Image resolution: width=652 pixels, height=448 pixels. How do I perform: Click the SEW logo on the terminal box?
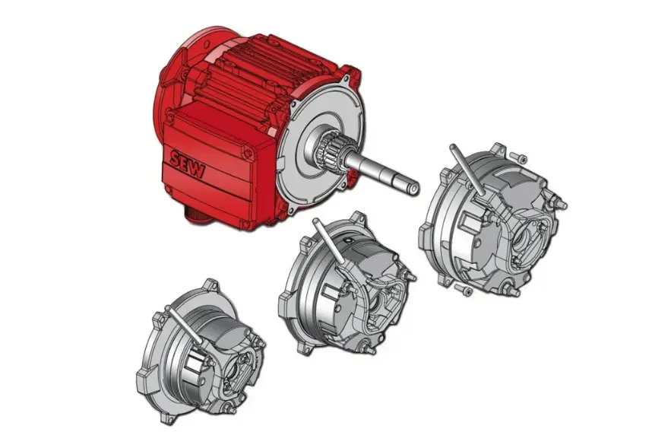coord(187,164)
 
